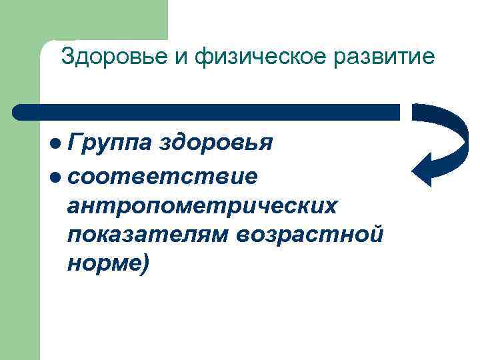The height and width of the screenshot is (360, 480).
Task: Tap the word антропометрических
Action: (x=202, y=206)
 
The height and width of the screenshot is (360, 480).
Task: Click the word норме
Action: (x=103, y=264)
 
